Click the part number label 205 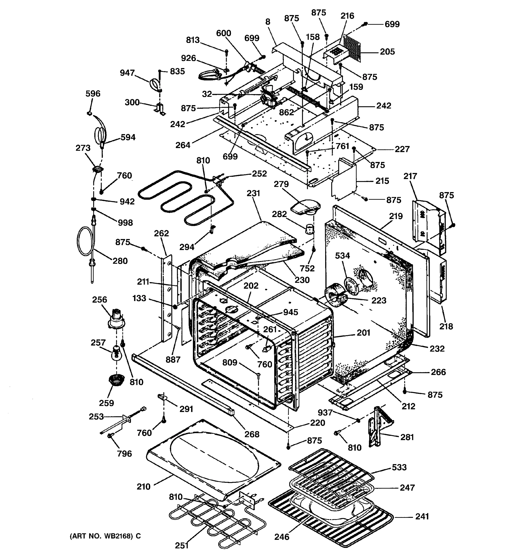387,52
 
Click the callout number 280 120,261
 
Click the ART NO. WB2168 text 105,536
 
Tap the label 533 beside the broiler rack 399,467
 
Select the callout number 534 342,256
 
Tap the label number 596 93,93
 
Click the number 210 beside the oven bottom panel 144,487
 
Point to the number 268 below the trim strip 252,434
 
